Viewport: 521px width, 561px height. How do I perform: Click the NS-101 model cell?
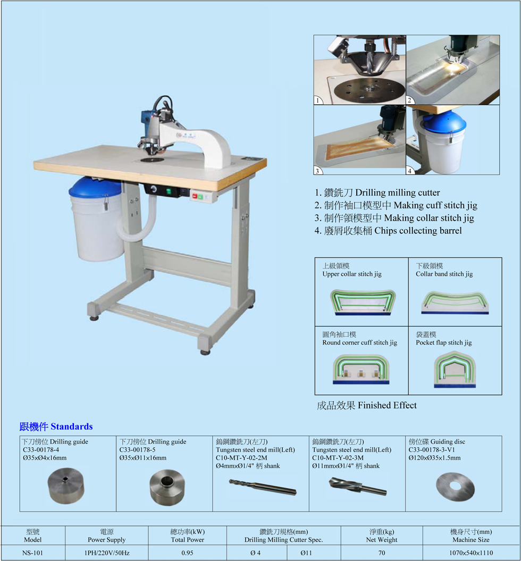pos(32,553)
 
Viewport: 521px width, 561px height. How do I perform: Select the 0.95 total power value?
pos(187,553)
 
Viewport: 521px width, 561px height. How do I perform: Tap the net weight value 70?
pos(381,553)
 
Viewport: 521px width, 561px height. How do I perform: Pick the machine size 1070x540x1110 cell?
pos(471,553)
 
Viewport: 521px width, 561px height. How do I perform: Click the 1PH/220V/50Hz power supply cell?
pos(107,553)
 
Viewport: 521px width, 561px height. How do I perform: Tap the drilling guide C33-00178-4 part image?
pos(66,487)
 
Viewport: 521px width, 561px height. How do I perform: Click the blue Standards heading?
pos(56,426)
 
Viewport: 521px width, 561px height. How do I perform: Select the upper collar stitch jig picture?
pos(362,302)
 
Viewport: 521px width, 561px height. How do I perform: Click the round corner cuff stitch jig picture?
pos(362,370)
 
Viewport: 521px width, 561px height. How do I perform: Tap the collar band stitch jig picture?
pos(455,302)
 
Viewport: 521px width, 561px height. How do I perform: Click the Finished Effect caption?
pos(366,406)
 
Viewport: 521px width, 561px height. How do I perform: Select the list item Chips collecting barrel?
pos(388,231)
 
